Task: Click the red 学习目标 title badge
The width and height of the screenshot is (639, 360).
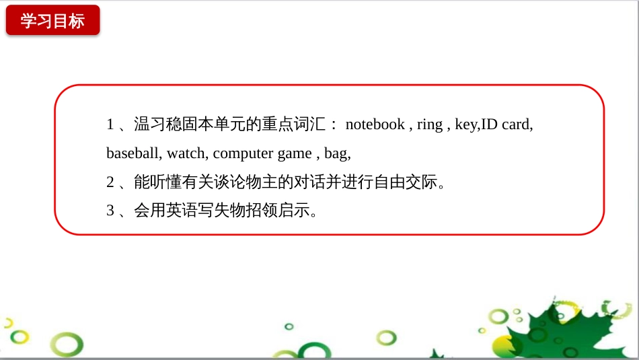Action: pyautogui.click(x=52, y=20)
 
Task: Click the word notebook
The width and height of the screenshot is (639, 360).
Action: pyautogui.click(x=375, y=124)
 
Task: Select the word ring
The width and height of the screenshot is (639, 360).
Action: pyautogui.click(x=429, y=124)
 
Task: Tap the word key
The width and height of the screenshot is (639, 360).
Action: pyautogui.click(x=465, y=124)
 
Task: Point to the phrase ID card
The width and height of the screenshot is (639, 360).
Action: pyautogui.click(x=505, y=124)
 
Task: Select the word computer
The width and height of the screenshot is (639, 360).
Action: pyautogui.click(x=243, y=153)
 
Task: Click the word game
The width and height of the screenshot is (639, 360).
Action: pyautogui.click(x=294, y=153)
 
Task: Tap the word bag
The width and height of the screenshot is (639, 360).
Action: pyautogui.click(x=336, y=153)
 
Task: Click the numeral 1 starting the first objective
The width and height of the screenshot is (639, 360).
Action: pyautogui.click(x=110, y=124)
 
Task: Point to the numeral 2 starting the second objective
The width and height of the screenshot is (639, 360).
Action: pyautogui.click(x=110, y=182)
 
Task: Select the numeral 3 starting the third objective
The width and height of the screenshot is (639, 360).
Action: pyautogui.click(x=110, y=211)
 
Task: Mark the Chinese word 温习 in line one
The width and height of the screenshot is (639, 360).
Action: pyautogui.click(x=149, y=124)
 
